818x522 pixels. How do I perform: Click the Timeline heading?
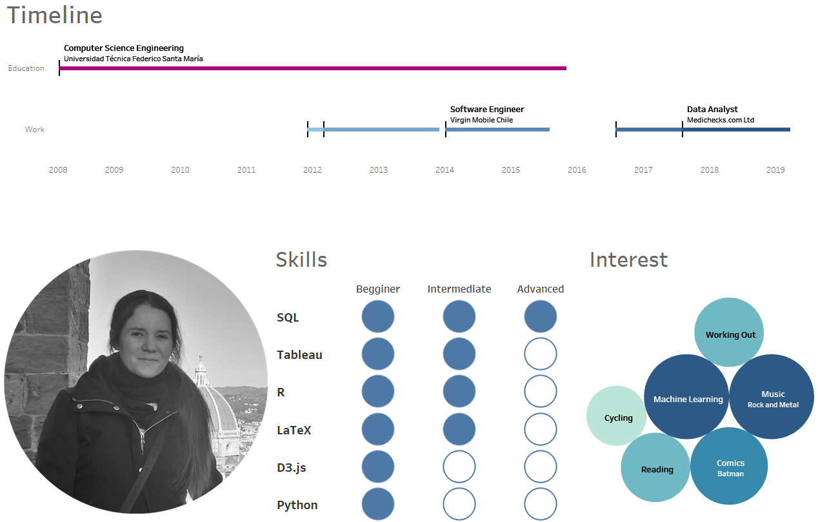coord(55,15)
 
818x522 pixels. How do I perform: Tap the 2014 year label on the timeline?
coord(444,170)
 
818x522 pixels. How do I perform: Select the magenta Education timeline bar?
coord(313,68)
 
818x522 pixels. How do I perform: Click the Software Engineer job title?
coord(487,110)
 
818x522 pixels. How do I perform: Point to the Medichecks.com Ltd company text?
coord(720,120)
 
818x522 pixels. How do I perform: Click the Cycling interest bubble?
coord(617,416)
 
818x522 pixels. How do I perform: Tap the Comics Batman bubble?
coord(730,467)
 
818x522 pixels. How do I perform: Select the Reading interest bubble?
coord(656,468)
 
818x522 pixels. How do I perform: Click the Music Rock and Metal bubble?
coord(772,397)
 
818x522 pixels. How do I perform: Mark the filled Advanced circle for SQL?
coord(541,316)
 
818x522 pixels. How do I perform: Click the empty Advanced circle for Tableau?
coord(541,354)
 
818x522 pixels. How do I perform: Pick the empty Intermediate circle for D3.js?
coord(459,467)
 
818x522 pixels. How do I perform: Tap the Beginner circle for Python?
coord(378,504)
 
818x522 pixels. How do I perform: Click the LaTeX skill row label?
coord(294,430)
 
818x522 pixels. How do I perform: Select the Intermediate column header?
coord(459,289)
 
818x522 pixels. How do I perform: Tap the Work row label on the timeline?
coord(35,130)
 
